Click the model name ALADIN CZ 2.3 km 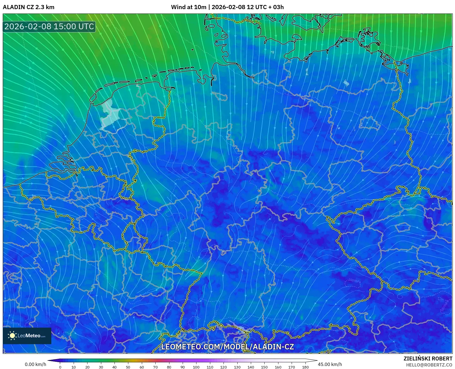click(28, 7)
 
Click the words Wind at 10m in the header click(188, 7)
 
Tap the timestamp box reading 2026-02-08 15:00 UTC click(49, 26)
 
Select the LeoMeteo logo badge click(27, 336)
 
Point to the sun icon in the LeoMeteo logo click(12, 336)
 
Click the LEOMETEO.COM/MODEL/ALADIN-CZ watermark click(227, 347)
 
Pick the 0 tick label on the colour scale click(60, 367)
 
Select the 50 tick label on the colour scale click(128, 367)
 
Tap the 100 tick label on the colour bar click(196, 367)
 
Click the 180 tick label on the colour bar click(305, 367)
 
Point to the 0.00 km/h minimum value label click(36, 364)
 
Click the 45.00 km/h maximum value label click(330, 364)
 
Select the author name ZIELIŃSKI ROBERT click(428, 359)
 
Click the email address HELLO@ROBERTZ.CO click(429, 365)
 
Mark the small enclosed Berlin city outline click(370, 123)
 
